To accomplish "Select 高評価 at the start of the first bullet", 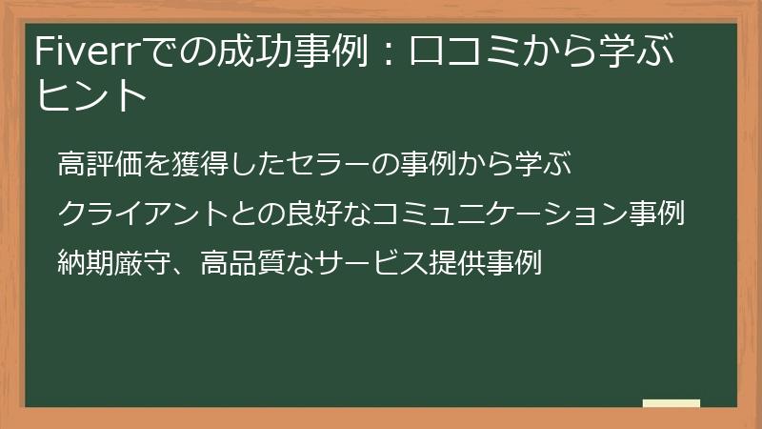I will click(x=100, y=164).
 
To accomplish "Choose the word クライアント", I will click(x=142, y=213).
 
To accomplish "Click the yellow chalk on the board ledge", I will click(x=671, y=403).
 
